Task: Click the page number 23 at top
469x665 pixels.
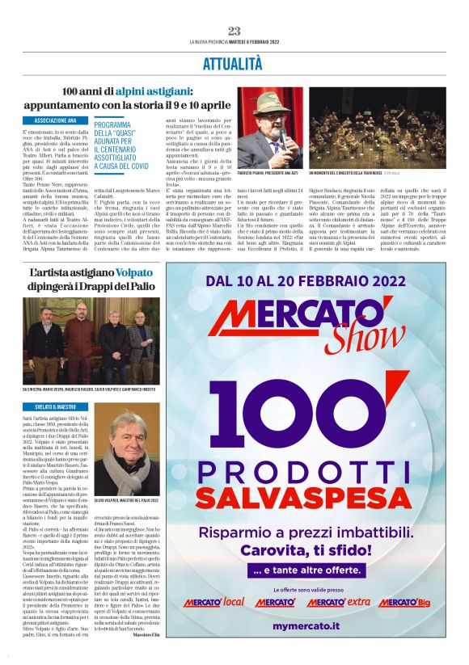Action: [x=234, y=31]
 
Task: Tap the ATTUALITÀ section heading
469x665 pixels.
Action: [x=234, y=61]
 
